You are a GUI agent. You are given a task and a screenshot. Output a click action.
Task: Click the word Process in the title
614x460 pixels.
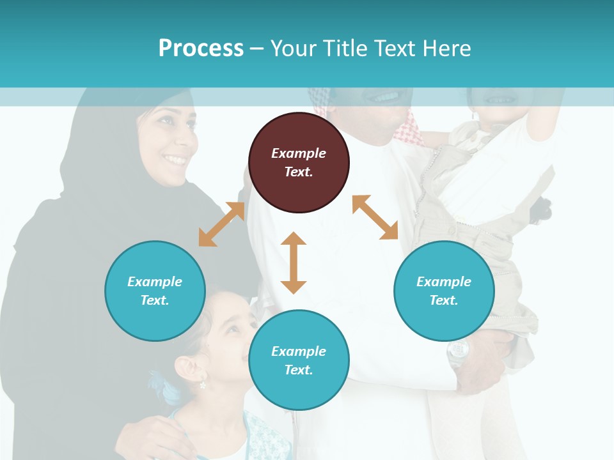(x=201, y=49)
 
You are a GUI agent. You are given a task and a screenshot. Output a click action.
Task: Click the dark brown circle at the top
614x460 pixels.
(x=299, y=162)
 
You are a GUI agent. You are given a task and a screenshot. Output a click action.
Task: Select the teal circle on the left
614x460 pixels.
(x=155, y=291)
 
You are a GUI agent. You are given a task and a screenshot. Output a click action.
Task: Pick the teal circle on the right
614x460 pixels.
(x=444, y=291)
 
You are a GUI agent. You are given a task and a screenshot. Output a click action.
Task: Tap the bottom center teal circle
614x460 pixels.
(x=299, y=360)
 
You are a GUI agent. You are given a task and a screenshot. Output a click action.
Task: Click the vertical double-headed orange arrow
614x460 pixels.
(x=294, y=263)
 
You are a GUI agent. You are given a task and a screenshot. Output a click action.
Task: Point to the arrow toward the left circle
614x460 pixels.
(x=221, y=224)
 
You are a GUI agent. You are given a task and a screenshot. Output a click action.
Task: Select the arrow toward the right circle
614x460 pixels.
(x=375, y=217)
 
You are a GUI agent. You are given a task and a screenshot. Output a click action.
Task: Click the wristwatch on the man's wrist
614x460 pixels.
(x=458, y=351)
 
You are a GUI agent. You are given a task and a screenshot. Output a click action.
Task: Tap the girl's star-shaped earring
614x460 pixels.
(x=203, y=385)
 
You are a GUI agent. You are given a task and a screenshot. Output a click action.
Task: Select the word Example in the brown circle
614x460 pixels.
(x=299, y=153)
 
